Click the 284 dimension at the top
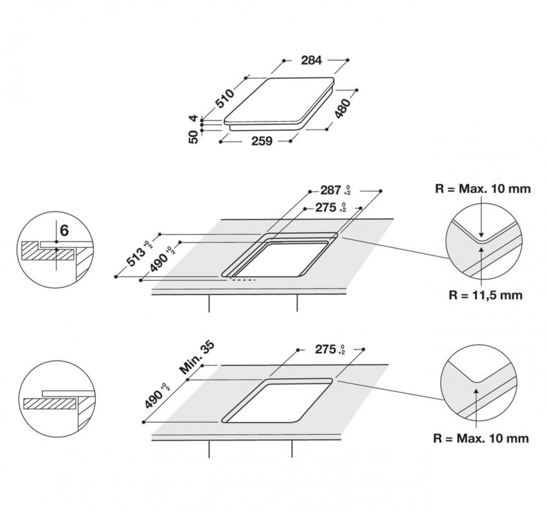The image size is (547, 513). [311, 60]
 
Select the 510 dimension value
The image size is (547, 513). [225, 99]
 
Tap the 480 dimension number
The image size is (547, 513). [342, 108]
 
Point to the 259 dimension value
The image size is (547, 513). [261, 141]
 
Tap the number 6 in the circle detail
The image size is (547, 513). [65, 231]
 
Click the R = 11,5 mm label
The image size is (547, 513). [485, 295]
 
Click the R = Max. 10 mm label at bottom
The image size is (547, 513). [481, 438]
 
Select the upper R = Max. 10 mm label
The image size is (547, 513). [483, 189]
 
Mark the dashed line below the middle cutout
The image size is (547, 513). [242, 280]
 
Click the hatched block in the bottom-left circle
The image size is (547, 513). [50, 404]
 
